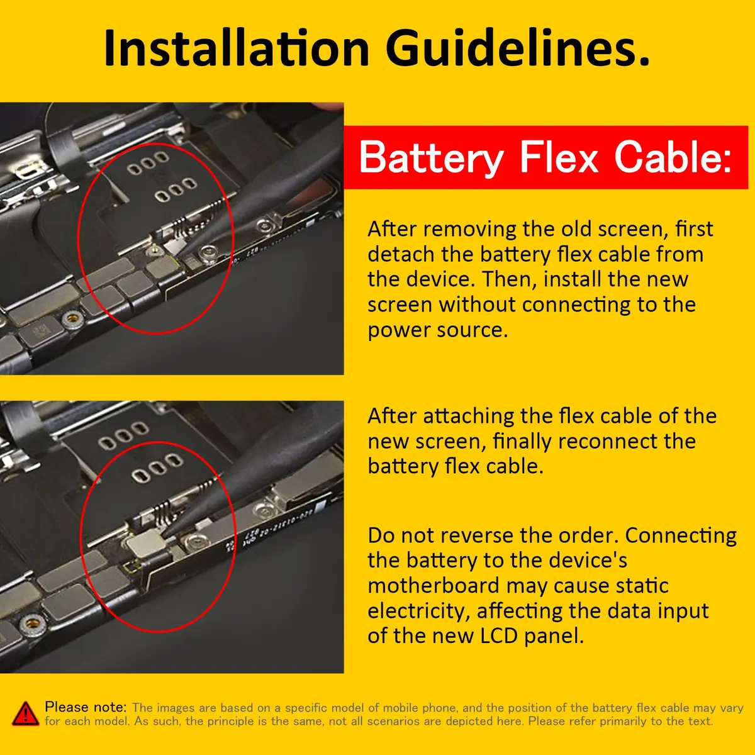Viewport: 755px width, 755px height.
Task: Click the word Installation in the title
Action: [237, 48]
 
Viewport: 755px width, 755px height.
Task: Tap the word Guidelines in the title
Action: [518, 48]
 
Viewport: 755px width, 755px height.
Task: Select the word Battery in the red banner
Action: [432, 157]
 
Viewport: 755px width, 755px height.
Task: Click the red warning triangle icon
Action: [25, 713]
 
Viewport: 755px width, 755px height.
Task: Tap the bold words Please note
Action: [86, 707]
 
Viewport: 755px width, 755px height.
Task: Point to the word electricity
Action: [419, 610]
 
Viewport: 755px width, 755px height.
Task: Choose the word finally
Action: [522, 441]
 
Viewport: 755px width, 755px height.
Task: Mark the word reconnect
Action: [627, 441]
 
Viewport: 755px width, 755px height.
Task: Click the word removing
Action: [469, 229]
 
